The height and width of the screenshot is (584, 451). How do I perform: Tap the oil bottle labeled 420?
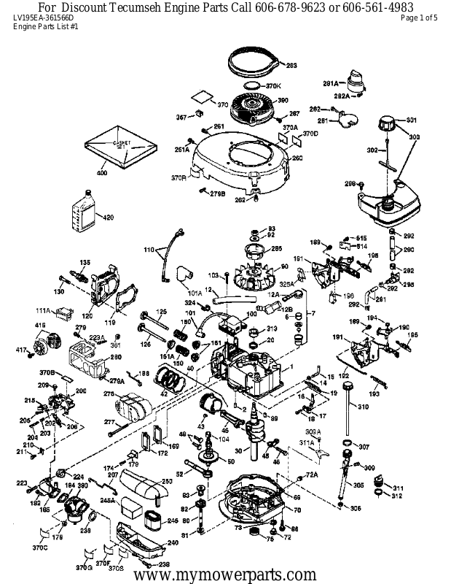[82, 216]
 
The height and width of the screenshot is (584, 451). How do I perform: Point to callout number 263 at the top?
[291, 66]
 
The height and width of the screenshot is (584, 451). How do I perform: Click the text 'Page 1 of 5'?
[419, 18]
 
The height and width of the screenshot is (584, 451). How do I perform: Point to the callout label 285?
[276, 249]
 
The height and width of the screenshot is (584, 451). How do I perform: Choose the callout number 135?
[85, 263]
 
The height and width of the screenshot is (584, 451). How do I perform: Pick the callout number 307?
[364, 447]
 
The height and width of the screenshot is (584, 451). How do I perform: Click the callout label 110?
[149, 250]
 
